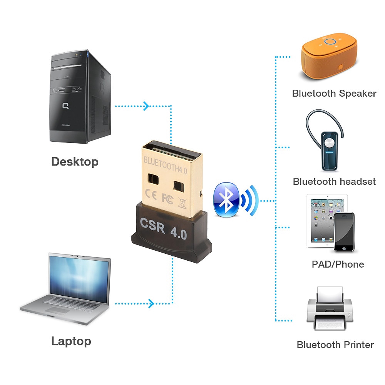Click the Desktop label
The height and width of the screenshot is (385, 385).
[x=75, y=161]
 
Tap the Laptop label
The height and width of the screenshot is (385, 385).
[x=71, y=341]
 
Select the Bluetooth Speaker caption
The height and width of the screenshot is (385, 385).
[x=334, y=93]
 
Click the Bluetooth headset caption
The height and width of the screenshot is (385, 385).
[x=334, y=181]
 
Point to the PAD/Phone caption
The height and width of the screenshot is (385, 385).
[x=338, y=264]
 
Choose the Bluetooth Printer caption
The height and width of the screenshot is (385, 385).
[x=335, y=345]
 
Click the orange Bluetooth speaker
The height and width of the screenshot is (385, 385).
[x=329, y=58]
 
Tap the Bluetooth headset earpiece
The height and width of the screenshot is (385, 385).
[x=329, y=150]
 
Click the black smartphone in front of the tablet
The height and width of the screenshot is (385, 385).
[x=343, y=232]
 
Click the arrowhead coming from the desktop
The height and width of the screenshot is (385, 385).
[x=146, y=105]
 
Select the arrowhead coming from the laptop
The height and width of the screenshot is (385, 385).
[x=151, y=303]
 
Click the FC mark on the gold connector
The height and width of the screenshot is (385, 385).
[x=167, y=198]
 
